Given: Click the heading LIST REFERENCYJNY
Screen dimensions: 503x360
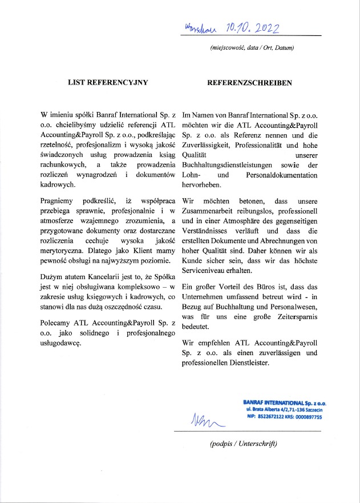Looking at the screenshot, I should pos(108,82).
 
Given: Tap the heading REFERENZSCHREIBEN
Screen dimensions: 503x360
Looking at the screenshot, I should pos(250,82).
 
